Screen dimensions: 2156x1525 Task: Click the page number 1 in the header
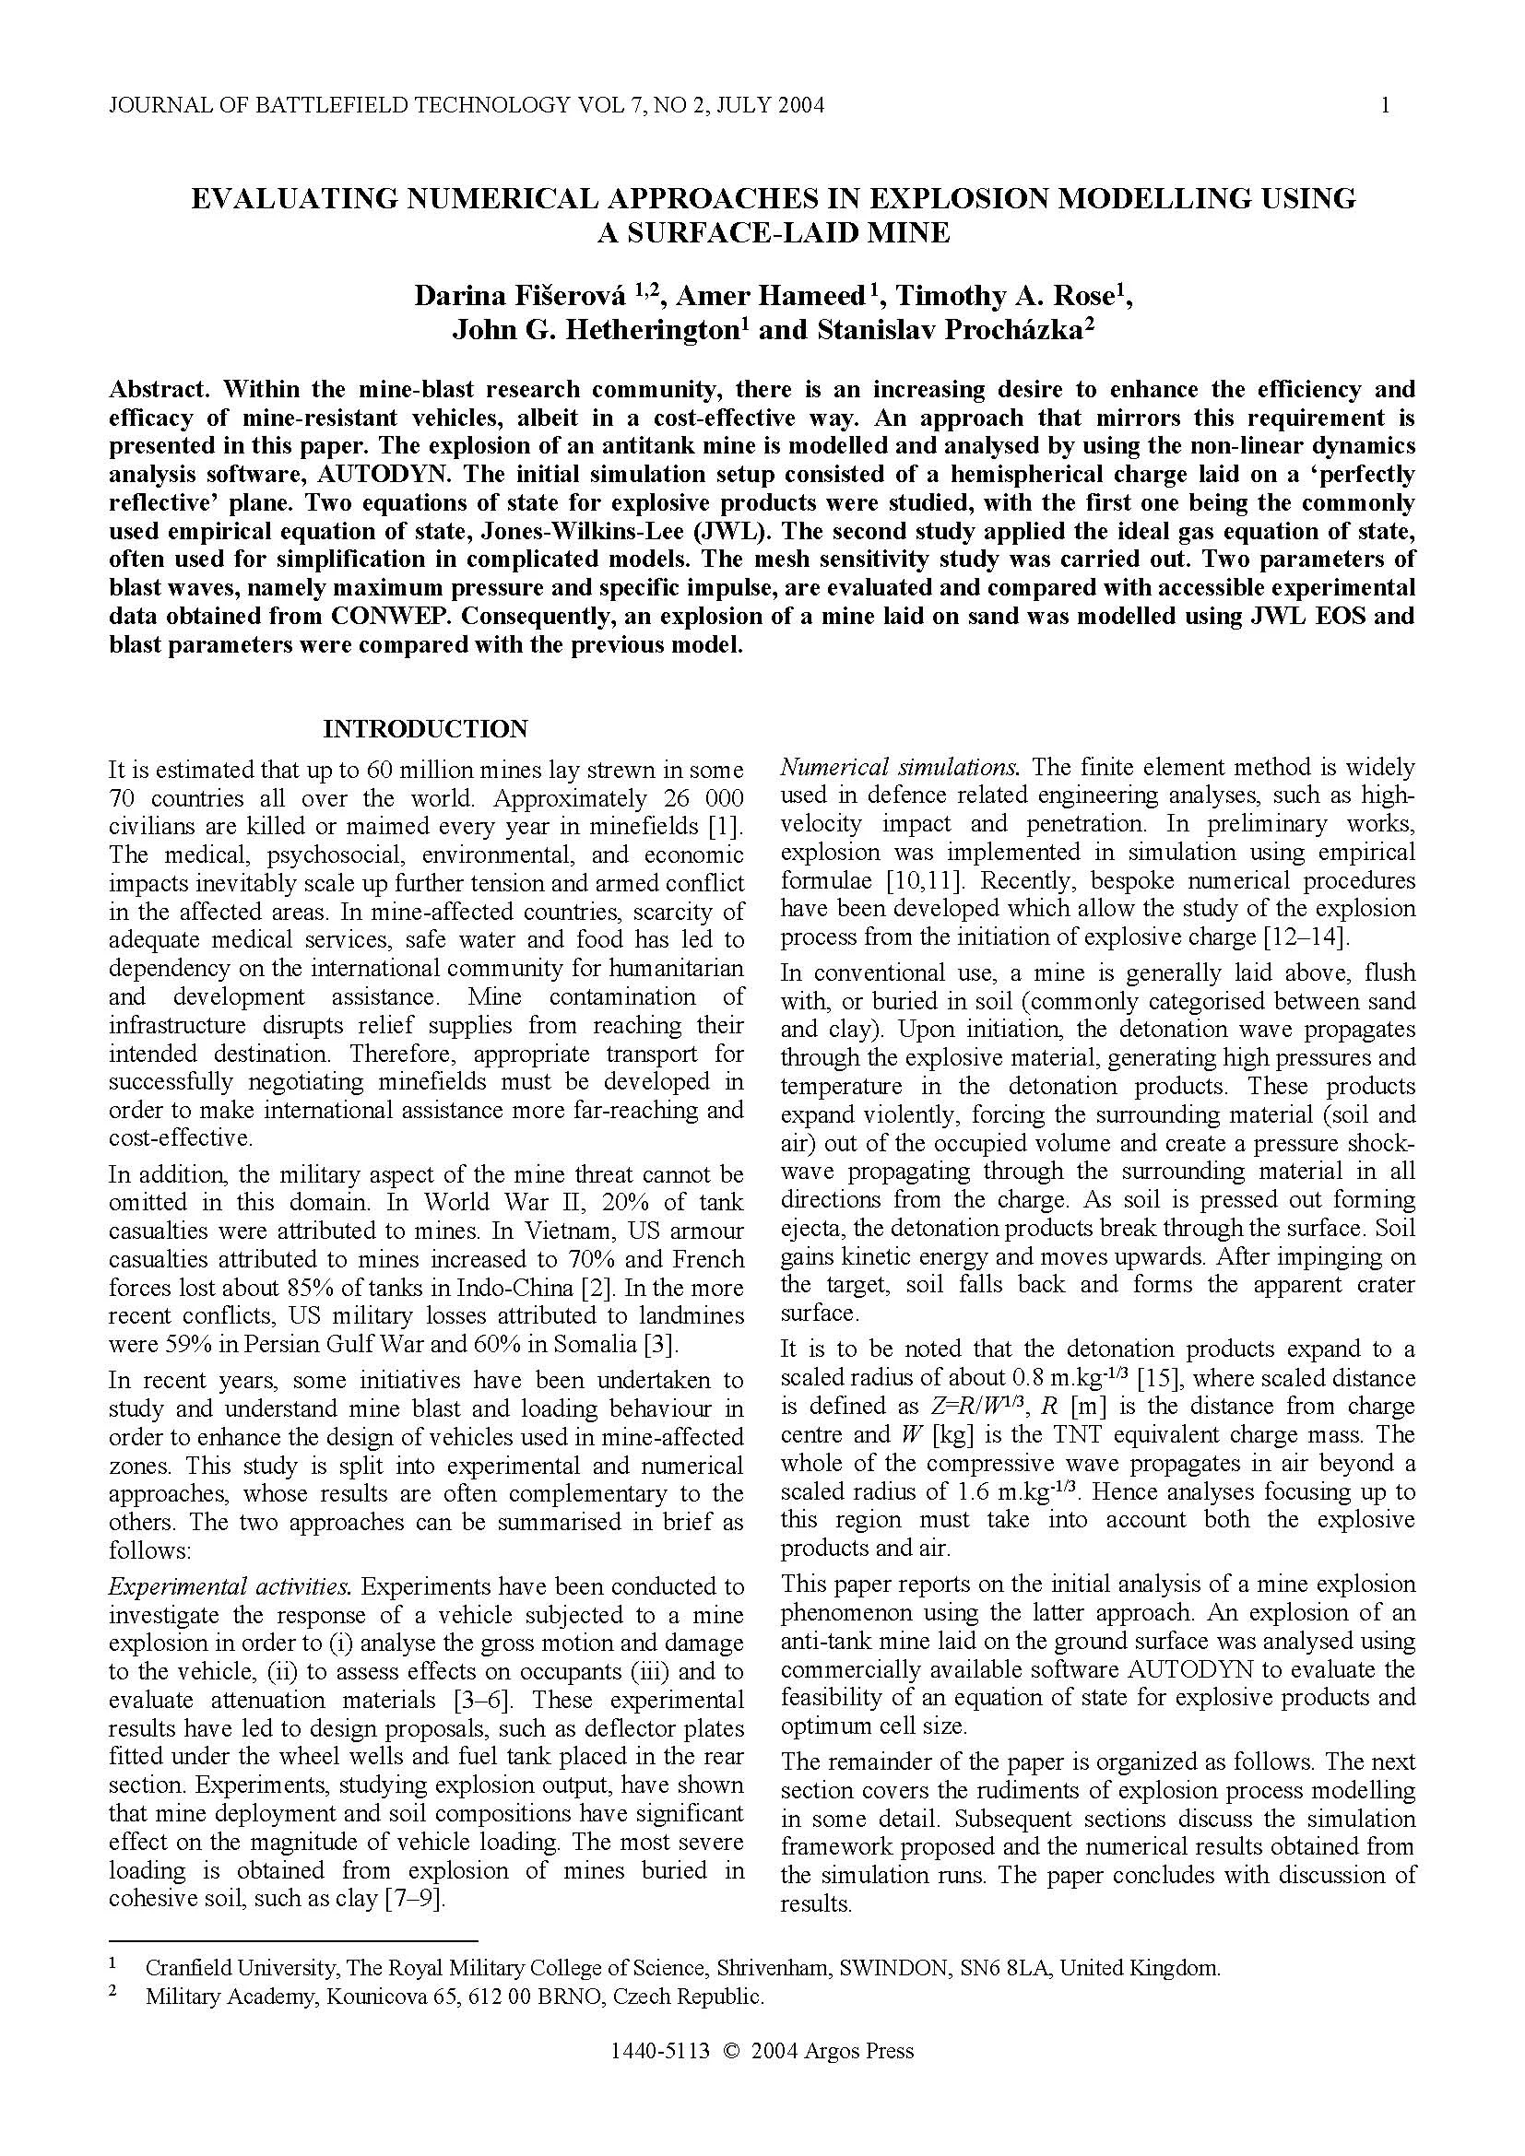[x=1385, y=105]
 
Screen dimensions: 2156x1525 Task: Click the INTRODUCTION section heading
[x=425, y=729]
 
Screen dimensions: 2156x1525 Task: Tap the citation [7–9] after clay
[x=414, y=1899]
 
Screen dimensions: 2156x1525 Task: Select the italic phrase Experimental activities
[x=231, y=1587]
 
